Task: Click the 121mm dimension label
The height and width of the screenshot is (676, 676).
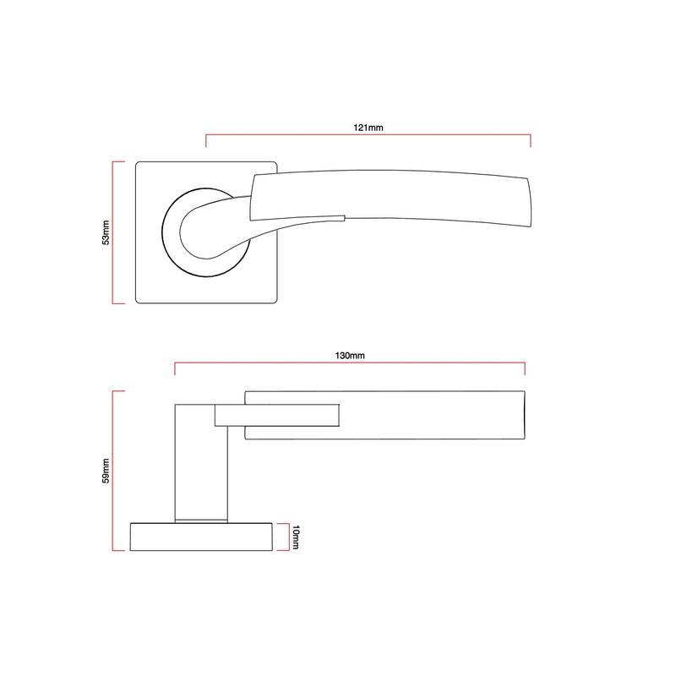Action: [x=368, y=127]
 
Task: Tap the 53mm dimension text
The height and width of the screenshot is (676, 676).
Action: [x=106, y=232]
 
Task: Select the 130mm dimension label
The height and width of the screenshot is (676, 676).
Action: [x=350, y=356]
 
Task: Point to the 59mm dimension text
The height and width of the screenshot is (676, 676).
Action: [x=106, y=471]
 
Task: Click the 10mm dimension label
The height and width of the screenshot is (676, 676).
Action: [x=295, y=537]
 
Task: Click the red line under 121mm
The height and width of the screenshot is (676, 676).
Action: [x=368, y=134]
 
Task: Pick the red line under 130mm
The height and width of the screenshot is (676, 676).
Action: [x=350, y=364]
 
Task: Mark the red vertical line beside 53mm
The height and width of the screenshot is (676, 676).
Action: [x=113, y=232]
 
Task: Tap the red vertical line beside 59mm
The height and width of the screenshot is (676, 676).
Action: [x=113, y=471]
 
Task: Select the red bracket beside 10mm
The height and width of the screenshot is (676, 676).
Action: [x=287, y=537]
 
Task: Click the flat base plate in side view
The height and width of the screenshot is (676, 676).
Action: [x=200, y=537]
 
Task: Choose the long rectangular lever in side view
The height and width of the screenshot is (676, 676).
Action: [x=422, y=415]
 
